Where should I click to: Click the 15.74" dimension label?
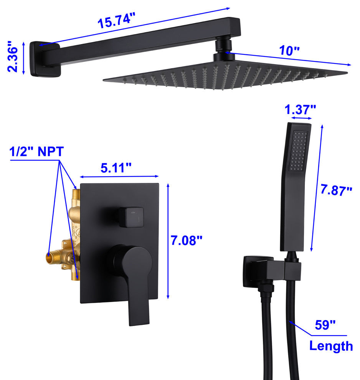116,21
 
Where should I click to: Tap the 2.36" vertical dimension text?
13,56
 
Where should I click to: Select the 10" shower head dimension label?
289,50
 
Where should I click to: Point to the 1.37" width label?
300,109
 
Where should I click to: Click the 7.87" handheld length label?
336,190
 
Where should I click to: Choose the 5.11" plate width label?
116,168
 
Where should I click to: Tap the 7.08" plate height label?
186,240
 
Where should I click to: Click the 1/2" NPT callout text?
36,152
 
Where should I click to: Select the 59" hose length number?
325,325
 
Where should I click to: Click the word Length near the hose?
331,346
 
